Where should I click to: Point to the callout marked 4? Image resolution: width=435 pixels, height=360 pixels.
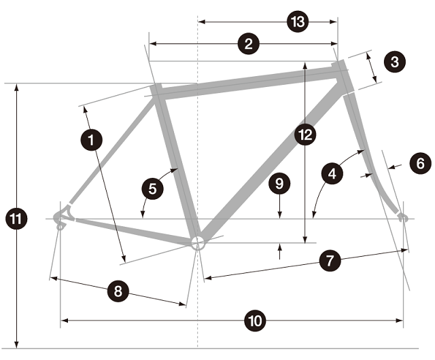click(332, 174)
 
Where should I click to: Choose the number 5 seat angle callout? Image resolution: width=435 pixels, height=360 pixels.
click(152, 188)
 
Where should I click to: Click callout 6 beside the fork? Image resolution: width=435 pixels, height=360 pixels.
click(420, 163)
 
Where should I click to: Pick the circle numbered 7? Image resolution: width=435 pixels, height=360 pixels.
click(329, 260)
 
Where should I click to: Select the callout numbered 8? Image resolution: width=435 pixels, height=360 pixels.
click(118, 292)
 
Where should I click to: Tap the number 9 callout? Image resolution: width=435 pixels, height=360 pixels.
click(278, 182)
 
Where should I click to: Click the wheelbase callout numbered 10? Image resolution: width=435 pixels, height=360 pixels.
click(255, 321)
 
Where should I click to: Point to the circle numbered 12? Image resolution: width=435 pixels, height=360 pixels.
click(305, 135)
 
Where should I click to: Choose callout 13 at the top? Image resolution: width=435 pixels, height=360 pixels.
click(297, 22)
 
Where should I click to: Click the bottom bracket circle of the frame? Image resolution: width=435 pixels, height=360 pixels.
click(197, 243)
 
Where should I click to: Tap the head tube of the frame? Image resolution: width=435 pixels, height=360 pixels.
click(344, 75)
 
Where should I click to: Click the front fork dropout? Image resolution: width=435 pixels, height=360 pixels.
click(402, 217)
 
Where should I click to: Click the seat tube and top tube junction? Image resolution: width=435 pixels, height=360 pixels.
click(158, 90)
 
